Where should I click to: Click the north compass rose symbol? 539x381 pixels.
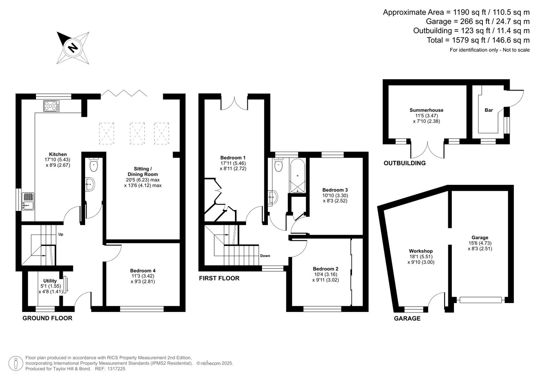pyautogui.click(x=73, y=48)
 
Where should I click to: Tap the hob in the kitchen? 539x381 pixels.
pyautogui.click(x=51, y=106)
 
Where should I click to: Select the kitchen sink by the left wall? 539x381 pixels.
pyautogui.click(x=28, y=201)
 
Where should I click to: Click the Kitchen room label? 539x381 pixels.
pyautogui.click(x=58, y=155)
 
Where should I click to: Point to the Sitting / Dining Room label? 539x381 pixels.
pyautogui.click(x=143, y=171)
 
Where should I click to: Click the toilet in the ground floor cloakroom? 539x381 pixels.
pyautogui.click(x=94, y=164)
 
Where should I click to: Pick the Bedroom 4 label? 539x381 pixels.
pyautogui.click(x=143, y=271)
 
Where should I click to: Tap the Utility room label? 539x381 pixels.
pyautogui.click(x=50, y=281)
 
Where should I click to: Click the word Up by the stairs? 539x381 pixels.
pyautogui.click(x=61, y=234)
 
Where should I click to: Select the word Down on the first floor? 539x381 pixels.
pyautogui.click(x=265, y=256)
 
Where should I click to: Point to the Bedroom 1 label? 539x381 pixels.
pyautogui.click(x=233, y=158)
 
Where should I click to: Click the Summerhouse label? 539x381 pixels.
pyautogui.click(x=426, y=110)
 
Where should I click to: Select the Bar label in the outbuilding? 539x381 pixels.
pyautogui.click(x=489, y=110)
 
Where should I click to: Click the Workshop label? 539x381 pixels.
pyautogui.click(x=421, y=251)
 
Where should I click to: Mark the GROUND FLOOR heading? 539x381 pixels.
pyautogui.click(x=47, y=318)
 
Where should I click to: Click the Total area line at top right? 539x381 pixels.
pyautogui.click(x=478, y=40)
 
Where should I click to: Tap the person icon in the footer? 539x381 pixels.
pyautogui.click(x=16, y=363)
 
